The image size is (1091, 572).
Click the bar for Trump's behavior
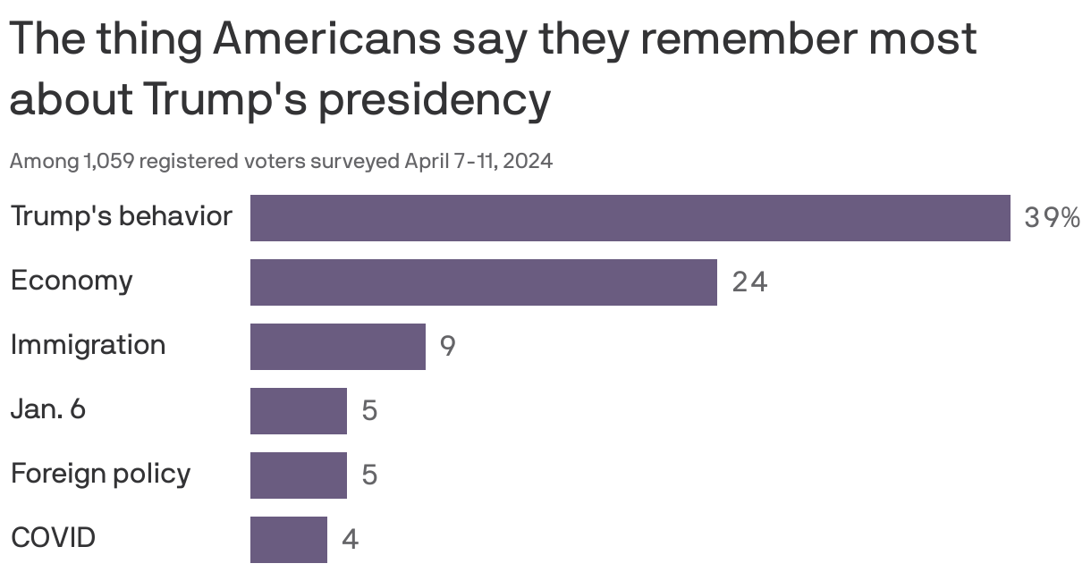(630, 218)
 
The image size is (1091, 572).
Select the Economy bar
(483, 282)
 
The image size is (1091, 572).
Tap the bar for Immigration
(337, 347)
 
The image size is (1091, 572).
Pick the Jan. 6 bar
(298, 411)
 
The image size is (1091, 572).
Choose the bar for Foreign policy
(298, 475)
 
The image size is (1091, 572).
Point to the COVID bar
(288, 539)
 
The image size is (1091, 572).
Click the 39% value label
(1052, 218)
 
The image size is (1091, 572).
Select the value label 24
(749, 282)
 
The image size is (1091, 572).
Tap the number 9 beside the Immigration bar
(447, 347)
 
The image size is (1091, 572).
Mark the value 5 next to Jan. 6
(369, 411)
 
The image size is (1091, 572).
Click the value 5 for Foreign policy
(369, 475)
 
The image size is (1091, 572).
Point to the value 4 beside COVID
(350, 540)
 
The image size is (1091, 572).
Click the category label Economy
(72, 281)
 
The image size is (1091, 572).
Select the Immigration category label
(88, 345)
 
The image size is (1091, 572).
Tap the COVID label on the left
(53, 538)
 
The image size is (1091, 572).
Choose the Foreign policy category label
(100, 474)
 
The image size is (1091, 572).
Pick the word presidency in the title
(435, 101)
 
